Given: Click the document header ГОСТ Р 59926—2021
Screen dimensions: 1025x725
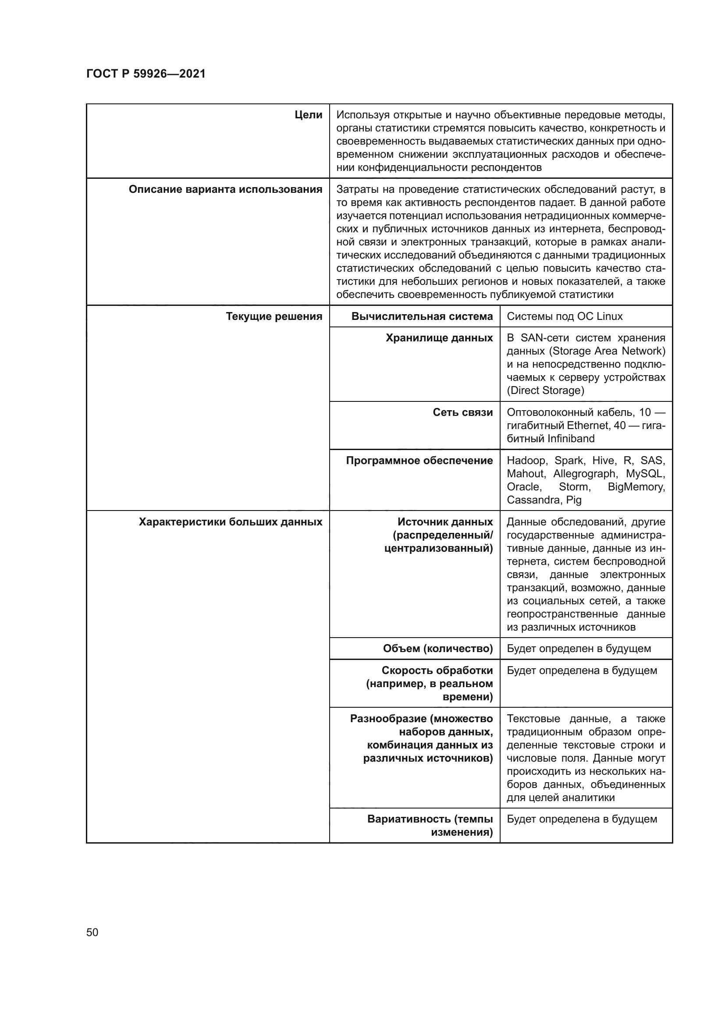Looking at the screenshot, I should [x=146, y=74].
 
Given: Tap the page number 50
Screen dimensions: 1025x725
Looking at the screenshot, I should [x=92, y=932].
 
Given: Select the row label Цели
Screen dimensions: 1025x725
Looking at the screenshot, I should [x=309, y=115].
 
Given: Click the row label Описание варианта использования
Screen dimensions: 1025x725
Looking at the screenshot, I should [x=225, y=189].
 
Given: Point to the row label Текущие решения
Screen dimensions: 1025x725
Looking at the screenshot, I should [x=274, y=316].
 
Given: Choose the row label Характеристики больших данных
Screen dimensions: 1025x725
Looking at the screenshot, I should [x=231, y=522].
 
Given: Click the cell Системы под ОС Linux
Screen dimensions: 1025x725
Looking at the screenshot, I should [x=564, y=316].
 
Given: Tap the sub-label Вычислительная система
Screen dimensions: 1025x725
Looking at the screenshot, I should [x=422, y=316].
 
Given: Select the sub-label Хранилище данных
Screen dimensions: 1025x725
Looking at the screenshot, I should [x=439, y=338].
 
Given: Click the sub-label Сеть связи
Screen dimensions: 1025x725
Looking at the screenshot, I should [x=462, y=412].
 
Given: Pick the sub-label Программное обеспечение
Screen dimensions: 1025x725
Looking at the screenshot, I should [x=419, y=461].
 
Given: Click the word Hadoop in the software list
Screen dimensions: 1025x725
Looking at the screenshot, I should [x=526, y=461].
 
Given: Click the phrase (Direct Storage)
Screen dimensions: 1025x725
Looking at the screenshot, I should [x=545, y=390].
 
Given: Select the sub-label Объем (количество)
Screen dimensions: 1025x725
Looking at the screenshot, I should [x=437, y=649].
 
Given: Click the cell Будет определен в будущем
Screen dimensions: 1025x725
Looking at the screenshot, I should [x=579, y=649].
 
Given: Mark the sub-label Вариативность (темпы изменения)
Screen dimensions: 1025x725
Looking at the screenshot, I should [x=430, y=826].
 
